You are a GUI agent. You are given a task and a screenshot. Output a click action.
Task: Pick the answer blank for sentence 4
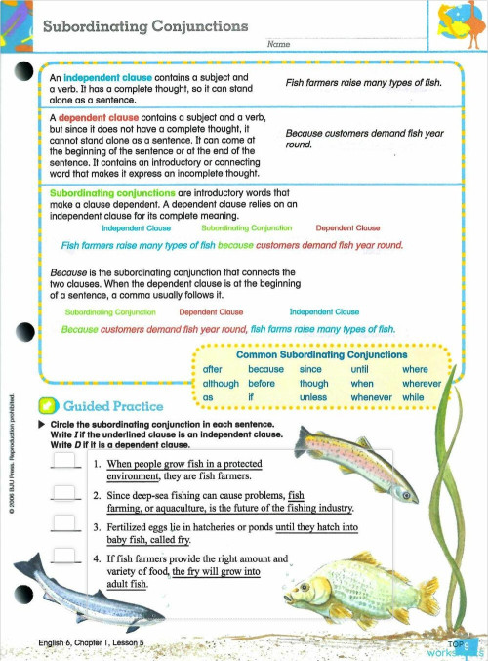64,558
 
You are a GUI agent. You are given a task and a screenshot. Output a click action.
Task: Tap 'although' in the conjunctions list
221,384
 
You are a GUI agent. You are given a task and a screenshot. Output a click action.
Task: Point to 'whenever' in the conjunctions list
373,397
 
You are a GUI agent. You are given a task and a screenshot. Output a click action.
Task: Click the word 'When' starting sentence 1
120,463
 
